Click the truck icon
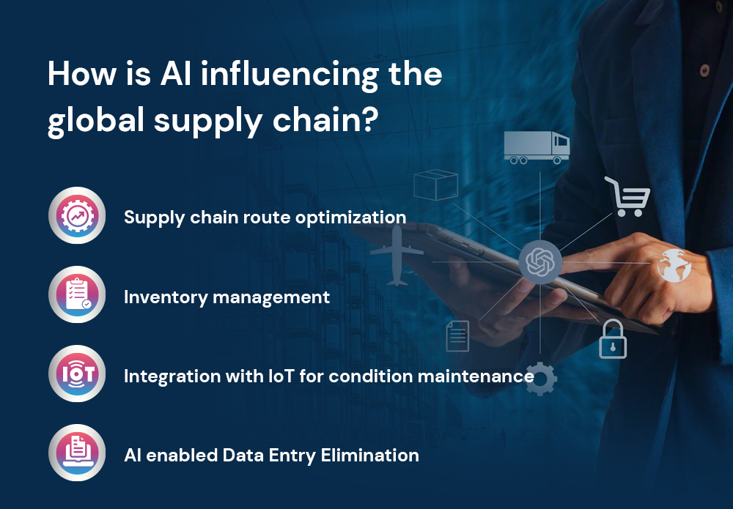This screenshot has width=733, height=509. pos(537,147)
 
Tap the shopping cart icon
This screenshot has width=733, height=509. pos(627,196)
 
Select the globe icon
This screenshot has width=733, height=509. pos(674,265)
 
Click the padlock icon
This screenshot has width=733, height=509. pos(613,339)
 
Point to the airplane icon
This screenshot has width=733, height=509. pos(397,255)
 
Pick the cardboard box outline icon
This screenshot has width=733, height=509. pos(435,185)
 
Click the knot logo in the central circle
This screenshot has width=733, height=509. pos(540,262)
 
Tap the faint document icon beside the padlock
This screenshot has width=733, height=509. pos(457,336)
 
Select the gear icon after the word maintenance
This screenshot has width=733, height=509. pos(540,379)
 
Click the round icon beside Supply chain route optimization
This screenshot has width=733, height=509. pos(77,215)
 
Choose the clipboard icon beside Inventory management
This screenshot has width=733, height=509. pos(77,294)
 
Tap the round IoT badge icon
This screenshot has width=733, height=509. pos(77,374)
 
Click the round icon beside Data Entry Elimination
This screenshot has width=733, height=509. pos(77,453)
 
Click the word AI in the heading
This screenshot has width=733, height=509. pos(176,73)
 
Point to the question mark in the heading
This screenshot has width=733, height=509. pos(369,119)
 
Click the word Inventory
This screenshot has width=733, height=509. pos(166,297)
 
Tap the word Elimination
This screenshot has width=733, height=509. pos(369,456)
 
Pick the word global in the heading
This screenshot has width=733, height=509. pos(96,121)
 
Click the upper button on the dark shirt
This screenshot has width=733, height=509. pos(704,70)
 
